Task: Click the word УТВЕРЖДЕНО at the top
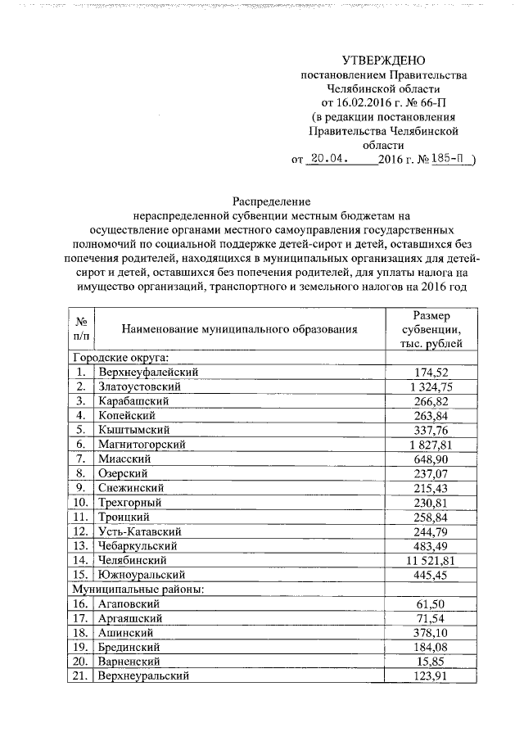pos(384,61)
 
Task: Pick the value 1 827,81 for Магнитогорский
pos(437,445)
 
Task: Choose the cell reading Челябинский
pos(132,560)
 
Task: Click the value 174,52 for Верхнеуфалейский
pos(437,373)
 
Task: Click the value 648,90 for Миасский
pos(437,459)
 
